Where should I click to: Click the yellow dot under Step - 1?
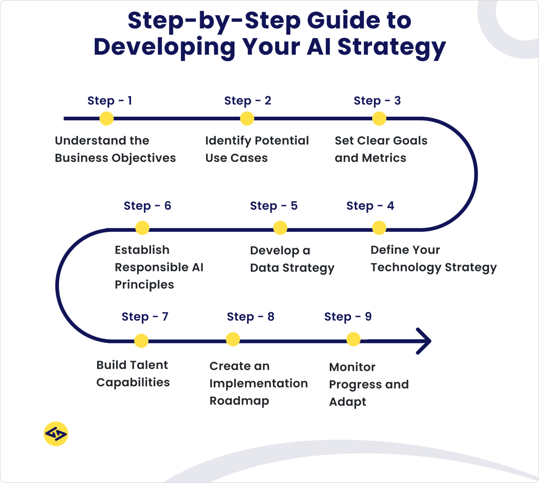point(106,118)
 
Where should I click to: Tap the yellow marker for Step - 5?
point(280,228)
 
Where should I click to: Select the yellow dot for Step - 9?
point(353,339)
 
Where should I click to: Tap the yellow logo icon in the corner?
point(56,434)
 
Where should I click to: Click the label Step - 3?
point(377,101)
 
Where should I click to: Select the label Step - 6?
point(147,206)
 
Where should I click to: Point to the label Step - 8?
point(250,317)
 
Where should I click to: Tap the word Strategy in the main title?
point(391,47)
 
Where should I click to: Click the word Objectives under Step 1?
point(144,158)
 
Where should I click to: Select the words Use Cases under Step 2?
point(236,158)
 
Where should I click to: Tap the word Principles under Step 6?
point(144,285)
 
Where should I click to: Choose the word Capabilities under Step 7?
point(133,382)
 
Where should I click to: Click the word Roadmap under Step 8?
point(239,401)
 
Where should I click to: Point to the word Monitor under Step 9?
point(352,367)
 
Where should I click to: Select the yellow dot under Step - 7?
point(141,341)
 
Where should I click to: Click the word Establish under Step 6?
point(142,250)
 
